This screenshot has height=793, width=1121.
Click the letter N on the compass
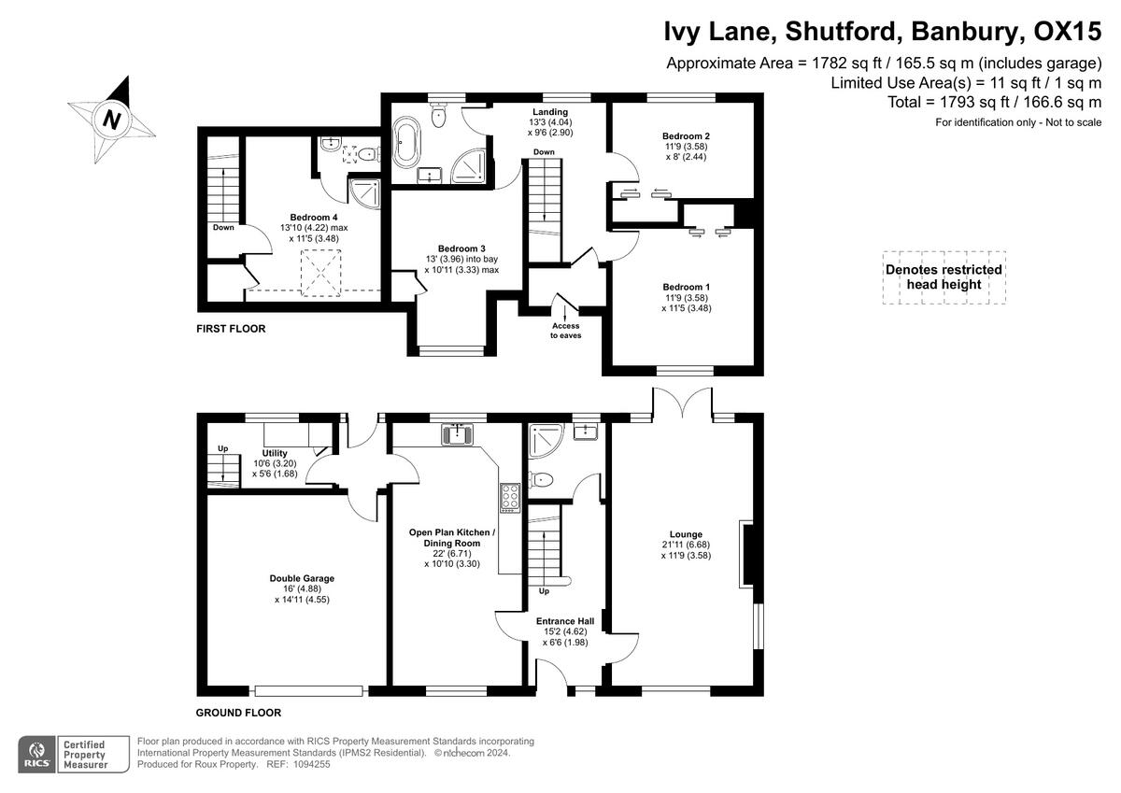tap(112, 120)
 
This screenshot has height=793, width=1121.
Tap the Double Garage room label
tap(302, 578)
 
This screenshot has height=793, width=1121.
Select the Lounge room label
tap(686, 534)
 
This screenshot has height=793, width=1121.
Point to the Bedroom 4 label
tap(314, 217)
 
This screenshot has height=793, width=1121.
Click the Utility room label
tap(275, 453)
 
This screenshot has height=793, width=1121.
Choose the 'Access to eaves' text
tap(565, 330)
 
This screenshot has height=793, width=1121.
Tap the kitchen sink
tap(457, 434)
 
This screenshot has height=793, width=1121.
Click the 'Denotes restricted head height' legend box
tap(944, 277)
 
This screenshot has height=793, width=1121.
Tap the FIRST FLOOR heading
tap(231, 329)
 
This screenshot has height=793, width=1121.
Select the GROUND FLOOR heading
tap(238, 712)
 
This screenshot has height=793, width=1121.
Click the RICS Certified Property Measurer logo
tap(64, 754)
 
